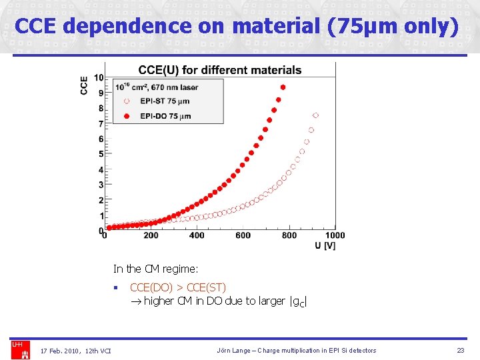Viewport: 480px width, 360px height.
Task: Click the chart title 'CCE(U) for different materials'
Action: click(219, 70)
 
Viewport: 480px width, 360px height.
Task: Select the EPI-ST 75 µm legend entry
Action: click(164, 101)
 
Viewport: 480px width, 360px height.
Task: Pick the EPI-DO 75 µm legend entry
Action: click(164, 116)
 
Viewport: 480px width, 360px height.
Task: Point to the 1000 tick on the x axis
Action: click(335, 235)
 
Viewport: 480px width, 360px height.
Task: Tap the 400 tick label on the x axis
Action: click(197, 235)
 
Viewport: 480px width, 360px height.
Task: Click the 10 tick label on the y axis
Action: click(98, 78)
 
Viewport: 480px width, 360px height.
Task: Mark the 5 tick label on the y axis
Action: click(101, 154)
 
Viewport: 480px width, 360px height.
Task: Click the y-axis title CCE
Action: click(84, 85)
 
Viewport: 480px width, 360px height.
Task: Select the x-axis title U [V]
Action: click(325, 246)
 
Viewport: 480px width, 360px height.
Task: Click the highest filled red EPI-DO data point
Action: click(283, 87)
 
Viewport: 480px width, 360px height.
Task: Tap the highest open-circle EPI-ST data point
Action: click(316, 115)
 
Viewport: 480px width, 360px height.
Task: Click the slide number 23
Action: click(460, 351)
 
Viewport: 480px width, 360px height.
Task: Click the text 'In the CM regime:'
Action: click(156, 269)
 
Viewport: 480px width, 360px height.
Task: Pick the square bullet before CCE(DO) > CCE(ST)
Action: click(115, 288)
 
